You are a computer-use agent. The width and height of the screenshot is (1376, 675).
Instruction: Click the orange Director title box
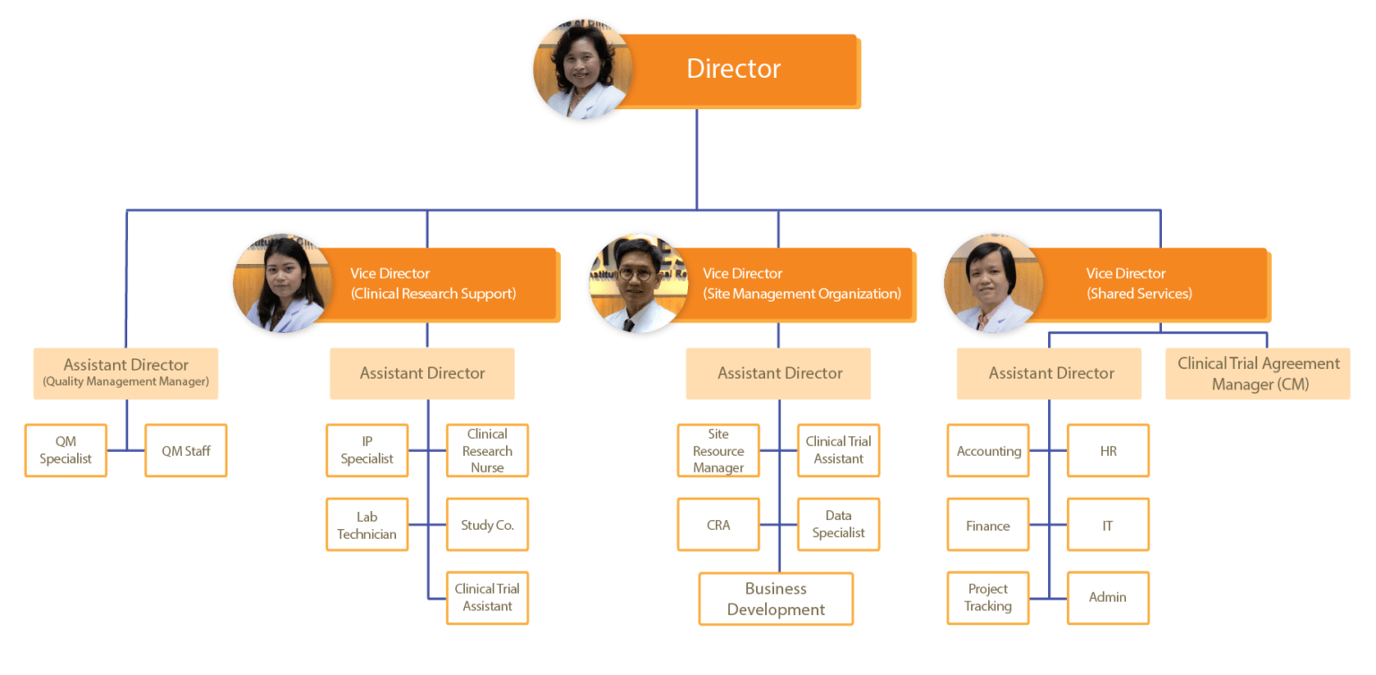(x=735, y=70)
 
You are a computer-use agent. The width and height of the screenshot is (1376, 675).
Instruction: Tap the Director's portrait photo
(x=582, y=70)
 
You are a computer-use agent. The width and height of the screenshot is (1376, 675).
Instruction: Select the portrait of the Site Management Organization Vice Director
(x=638, y=284)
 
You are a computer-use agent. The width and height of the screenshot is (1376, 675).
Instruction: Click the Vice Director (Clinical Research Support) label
(x=434, y=284)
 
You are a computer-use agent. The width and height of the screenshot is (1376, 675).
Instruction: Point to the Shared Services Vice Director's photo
(x=993, y=284)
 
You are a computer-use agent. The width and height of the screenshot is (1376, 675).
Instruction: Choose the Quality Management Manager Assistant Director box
(x=125, y=373)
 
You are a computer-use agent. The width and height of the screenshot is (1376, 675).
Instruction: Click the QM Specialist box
(x=65, y=450)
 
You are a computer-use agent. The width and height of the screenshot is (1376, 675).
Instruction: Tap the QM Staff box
(x=185, y=450)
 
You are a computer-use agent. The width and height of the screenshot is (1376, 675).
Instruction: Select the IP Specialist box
(x=367, y=450)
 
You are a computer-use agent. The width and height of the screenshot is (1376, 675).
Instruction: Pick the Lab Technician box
(x=367, y=525)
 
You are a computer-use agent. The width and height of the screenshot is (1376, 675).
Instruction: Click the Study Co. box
(x=487, y=525)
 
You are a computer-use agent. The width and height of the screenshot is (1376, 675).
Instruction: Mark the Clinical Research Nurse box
(x=487, y=450)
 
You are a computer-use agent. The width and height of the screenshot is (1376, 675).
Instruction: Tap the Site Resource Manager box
(x=718, y=450)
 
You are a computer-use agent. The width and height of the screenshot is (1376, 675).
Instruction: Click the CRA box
(x=718, y=525)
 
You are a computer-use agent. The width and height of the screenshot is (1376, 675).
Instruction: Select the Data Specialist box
(x=838, y=525)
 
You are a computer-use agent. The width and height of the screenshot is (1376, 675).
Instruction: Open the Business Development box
(x=776, y=599)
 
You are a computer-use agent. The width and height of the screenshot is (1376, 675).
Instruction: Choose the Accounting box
(x=988, y=450)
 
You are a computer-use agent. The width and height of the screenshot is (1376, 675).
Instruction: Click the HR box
(x=1108, y=450)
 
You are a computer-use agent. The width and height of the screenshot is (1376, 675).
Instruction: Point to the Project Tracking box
(x=988, y=598)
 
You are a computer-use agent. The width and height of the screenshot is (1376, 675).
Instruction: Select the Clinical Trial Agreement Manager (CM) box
(x=1258, y=373)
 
